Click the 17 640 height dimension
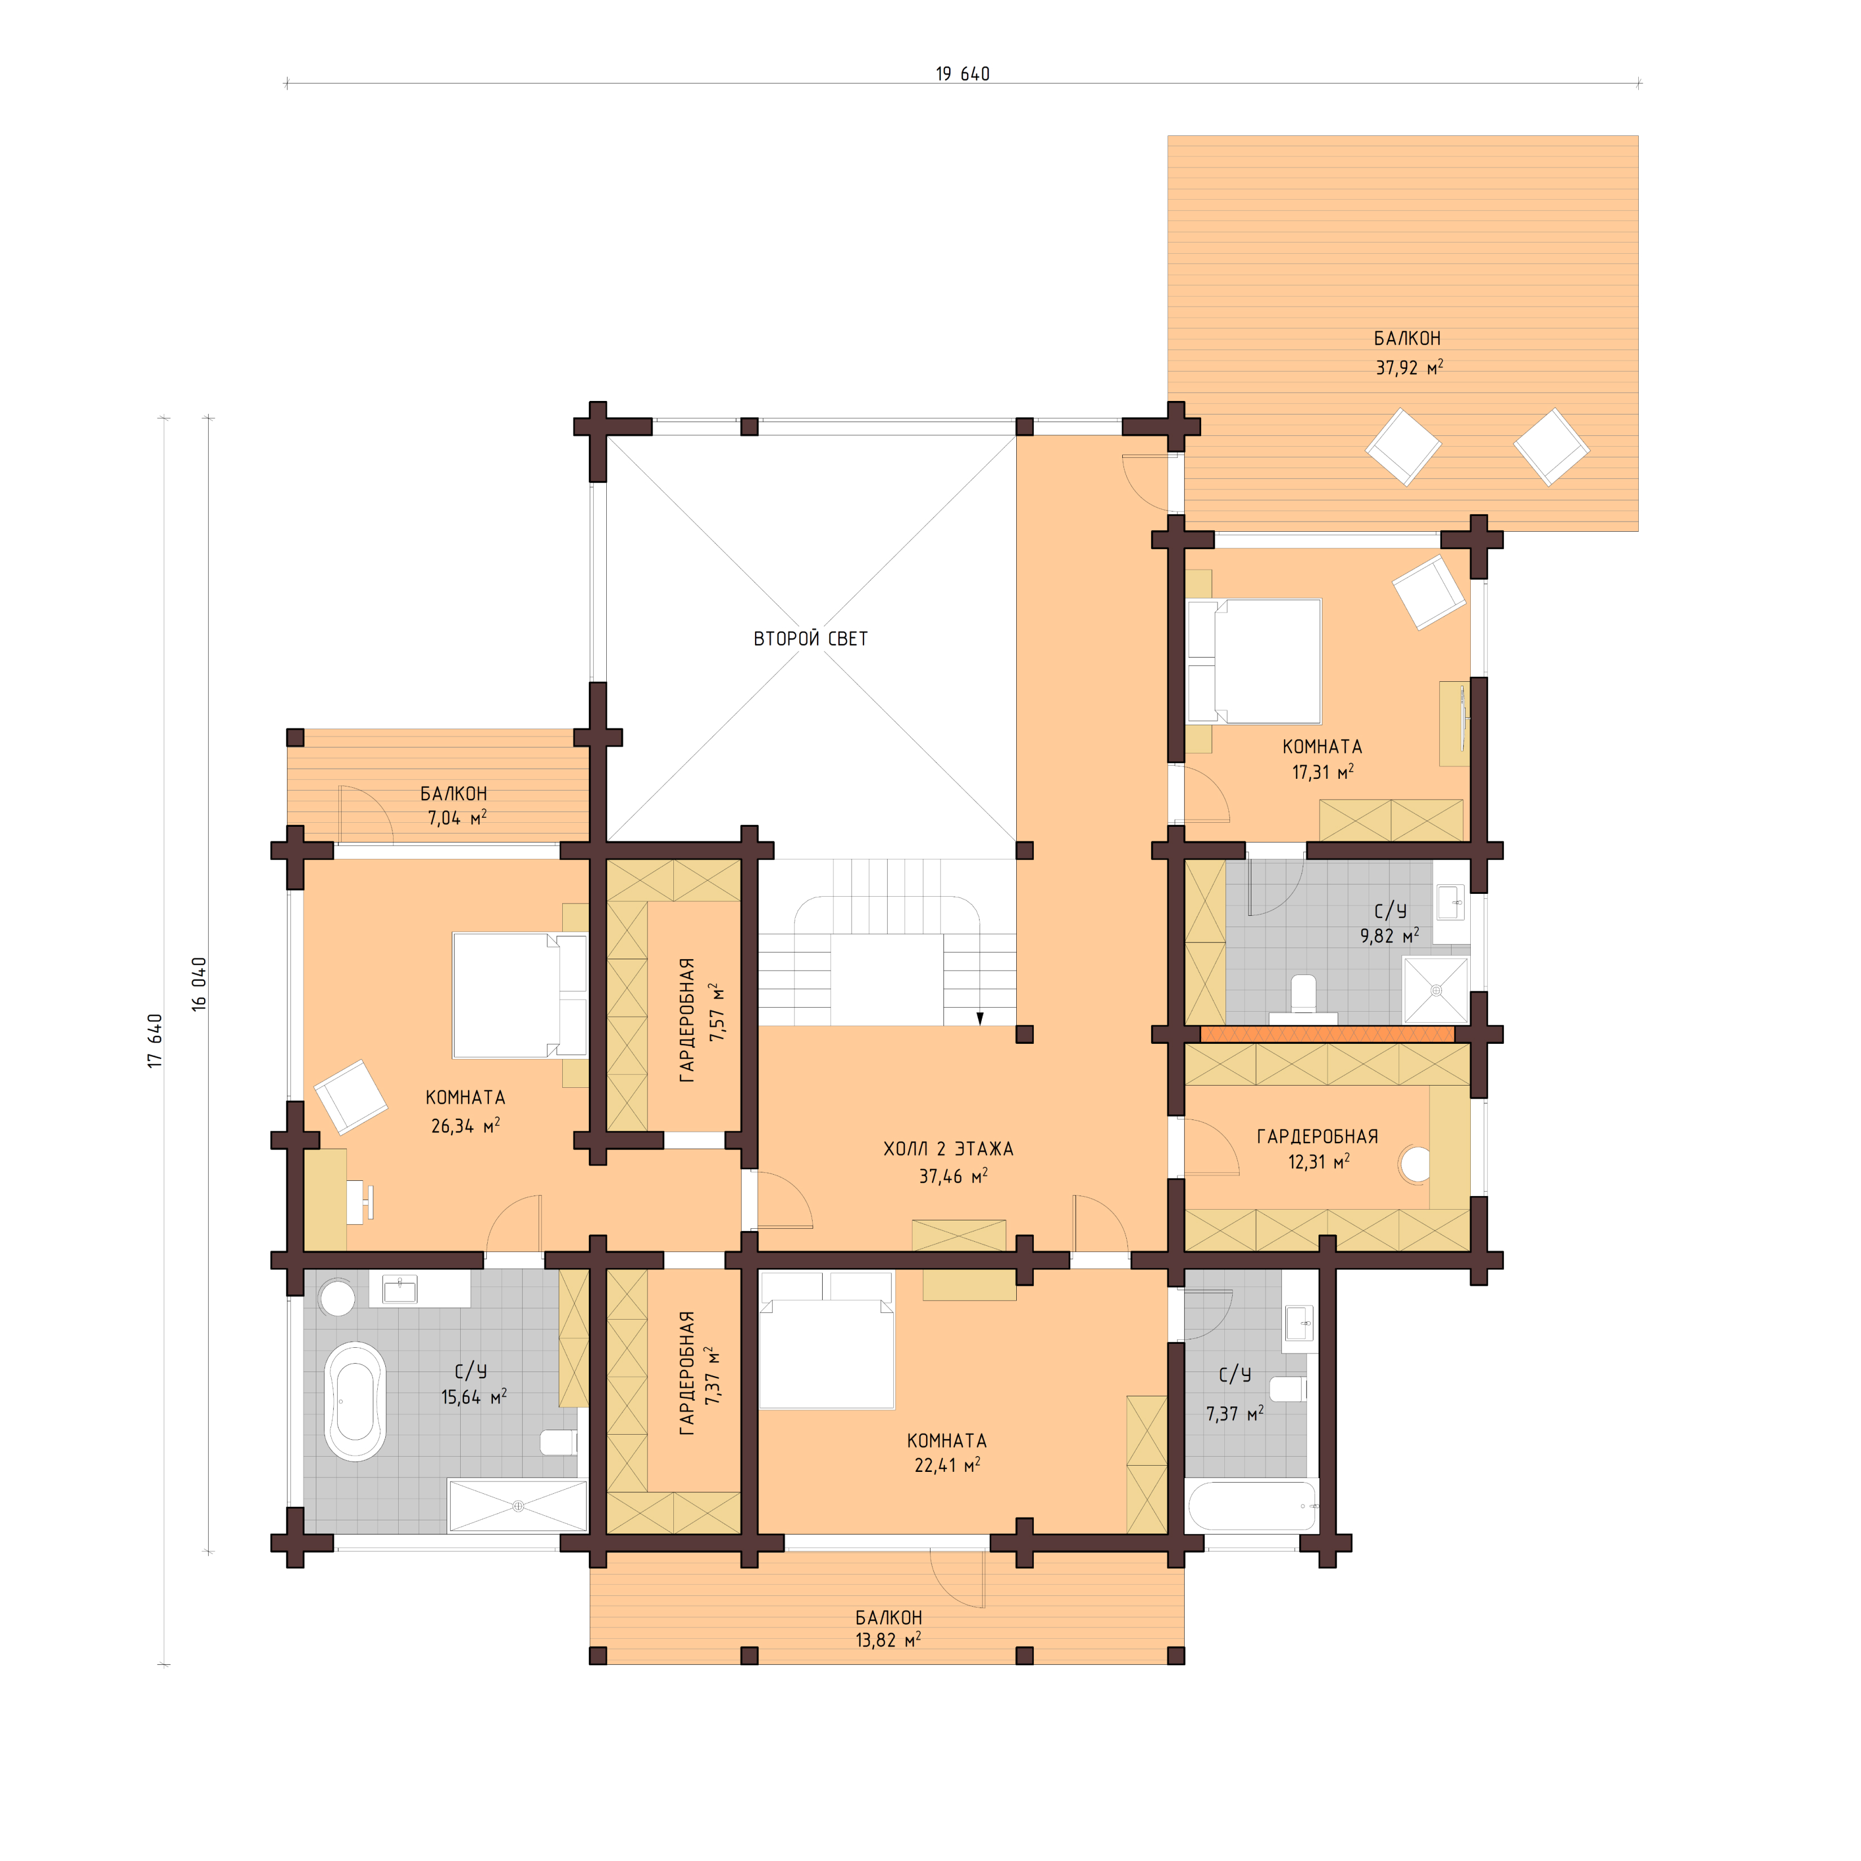click(x=155, y=1040)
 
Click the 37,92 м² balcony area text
click(x=1408, y=367)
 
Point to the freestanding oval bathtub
click(x=355, y=1401)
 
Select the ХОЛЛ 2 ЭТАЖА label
click(x=948, y=1149)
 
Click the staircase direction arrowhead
click(x=980, y=1018)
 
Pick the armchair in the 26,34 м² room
click(x=351, y=1096)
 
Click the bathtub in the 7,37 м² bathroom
click(x=1252, y=1506)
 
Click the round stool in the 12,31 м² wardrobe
click(x=1415, y=1163)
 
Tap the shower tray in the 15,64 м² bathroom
click(x=517, y=1506)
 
